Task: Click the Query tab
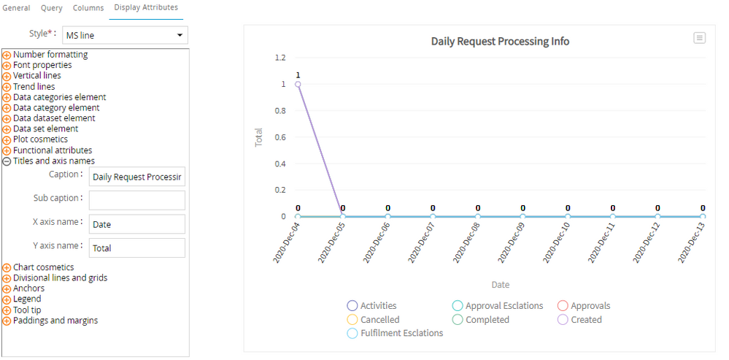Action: [51, 8]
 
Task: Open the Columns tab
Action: [88, 8]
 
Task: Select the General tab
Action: [17, 8]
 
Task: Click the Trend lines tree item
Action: [34, 87]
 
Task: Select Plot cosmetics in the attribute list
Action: [40, 139]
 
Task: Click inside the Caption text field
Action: [136, 177]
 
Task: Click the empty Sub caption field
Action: [136, 200]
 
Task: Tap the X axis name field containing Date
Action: [136, 224]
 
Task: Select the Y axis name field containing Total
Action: [136, 248]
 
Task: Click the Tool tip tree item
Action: [27, 310]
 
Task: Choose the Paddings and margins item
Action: [55, 321]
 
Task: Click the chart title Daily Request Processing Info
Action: [500, 42]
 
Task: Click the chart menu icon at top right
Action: [699, 38]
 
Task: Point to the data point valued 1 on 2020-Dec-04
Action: [298, 84]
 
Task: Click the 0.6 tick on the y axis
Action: [279, 137]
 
